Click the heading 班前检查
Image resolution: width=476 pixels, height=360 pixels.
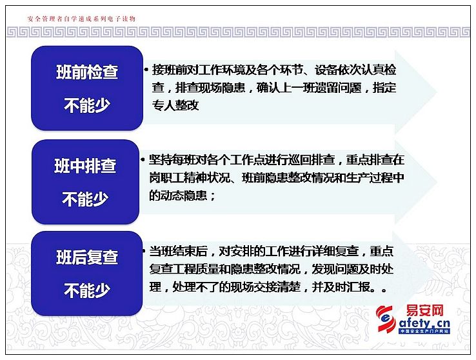pos(87,72)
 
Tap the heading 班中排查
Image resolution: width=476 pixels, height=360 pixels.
pos(85,166)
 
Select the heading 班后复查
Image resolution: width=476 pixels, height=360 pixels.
pos(87,257)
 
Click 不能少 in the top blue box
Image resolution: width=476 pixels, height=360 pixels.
pos(87,106)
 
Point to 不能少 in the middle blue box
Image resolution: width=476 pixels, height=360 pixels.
pos(85,199)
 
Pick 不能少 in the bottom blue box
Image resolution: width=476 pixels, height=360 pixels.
pos(87,290)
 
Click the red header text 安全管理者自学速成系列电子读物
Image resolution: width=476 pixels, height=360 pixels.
pos(81,19)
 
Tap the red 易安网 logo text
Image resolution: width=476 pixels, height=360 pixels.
pos(425,310)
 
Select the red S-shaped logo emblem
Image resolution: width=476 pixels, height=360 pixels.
pos(386,319)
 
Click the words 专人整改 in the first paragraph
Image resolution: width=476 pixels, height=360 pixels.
pos(175,105)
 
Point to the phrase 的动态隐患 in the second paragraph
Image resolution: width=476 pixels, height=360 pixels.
pos(178,195)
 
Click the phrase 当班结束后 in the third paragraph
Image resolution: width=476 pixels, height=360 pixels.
pos(179,252)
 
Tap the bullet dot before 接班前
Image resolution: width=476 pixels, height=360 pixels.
pos(146,70)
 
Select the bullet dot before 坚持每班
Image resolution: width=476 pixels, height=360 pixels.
pos(143,159)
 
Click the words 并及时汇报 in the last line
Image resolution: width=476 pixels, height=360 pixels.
pos(341,287)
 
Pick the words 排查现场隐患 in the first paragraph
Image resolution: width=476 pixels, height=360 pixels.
pos(210,88)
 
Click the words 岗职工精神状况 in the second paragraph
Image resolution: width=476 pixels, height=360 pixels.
pos(190,177)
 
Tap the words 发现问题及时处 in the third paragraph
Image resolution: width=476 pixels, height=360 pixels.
pos(353,269)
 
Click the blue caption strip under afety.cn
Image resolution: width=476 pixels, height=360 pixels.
pos(424,331)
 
